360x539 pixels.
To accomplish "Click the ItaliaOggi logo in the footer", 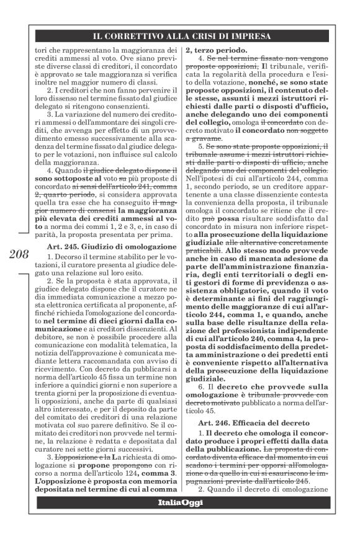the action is [x=180, y=501].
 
